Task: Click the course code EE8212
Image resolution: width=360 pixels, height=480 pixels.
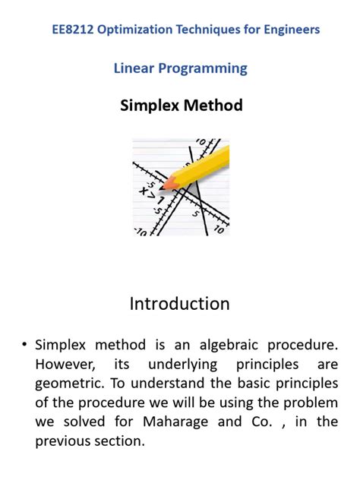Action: tap(72, 30)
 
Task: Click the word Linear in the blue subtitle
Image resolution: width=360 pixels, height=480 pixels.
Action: tap(134, 68)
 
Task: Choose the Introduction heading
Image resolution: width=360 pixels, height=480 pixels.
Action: tap(179, 304)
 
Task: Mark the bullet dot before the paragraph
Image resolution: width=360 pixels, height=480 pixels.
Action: tap(25, 346)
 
